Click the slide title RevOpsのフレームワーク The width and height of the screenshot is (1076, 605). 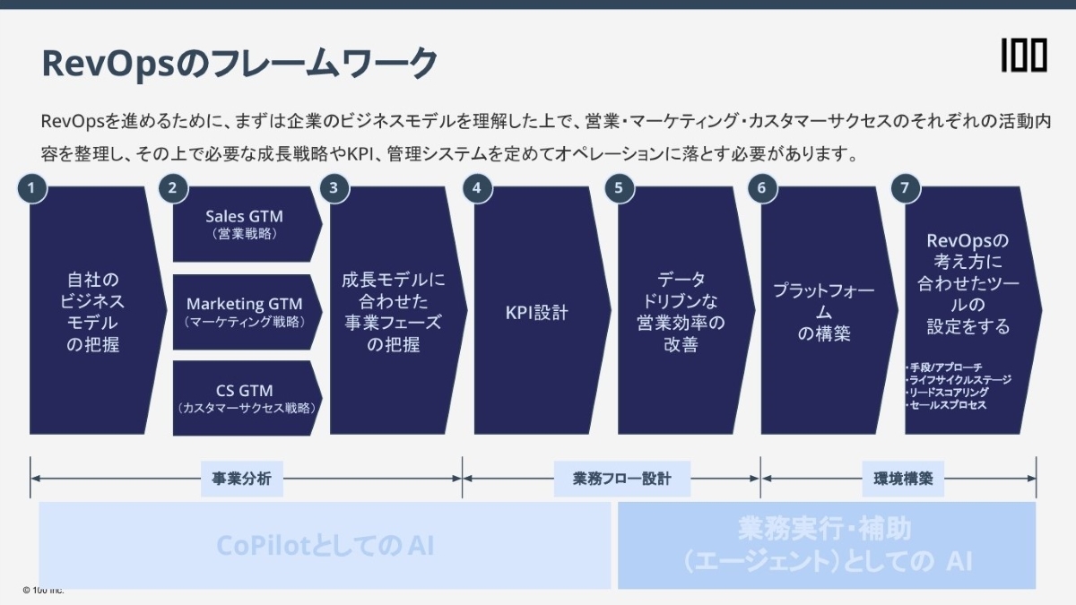pos(239,64)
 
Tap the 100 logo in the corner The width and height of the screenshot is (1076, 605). pos(1024,56)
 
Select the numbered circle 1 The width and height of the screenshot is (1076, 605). pos(31,187)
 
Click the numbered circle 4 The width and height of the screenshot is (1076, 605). pos(476,187)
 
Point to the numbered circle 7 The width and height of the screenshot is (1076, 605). pos(905,187)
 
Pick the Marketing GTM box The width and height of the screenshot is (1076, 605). pos(244,311)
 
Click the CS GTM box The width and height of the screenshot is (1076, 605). pos(244,398)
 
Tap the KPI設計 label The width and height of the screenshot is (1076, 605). pos(536,313)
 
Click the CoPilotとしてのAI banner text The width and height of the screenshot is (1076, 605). pos(325,545)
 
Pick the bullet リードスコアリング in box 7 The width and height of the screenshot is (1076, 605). pos(949,393)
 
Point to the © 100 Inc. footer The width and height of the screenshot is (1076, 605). pos(43,590)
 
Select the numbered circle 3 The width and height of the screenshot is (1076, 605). pos(334,187)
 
